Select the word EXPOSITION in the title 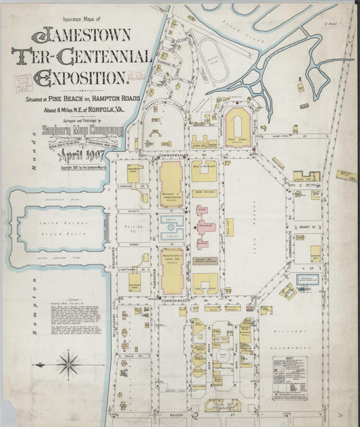click(x=79, y=78)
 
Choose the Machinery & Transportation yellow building click(x=171, y=184)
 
